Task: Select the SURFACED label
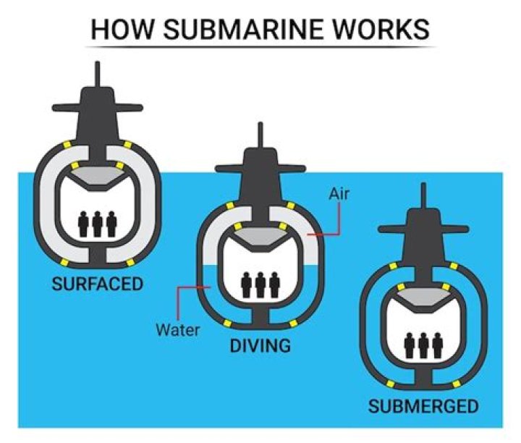(x=97, y=283)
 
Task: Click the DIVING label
(x=260, y=345)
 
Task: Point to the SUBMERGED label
(x=423, y=406)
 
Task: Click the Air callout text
(x=340, y=193)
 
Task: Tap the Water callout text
(x=177, y=329)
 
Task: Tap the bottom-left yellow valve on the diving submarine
(x=228, y=322)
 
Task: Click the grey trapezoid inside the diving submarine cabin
(x=260, y=240)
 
